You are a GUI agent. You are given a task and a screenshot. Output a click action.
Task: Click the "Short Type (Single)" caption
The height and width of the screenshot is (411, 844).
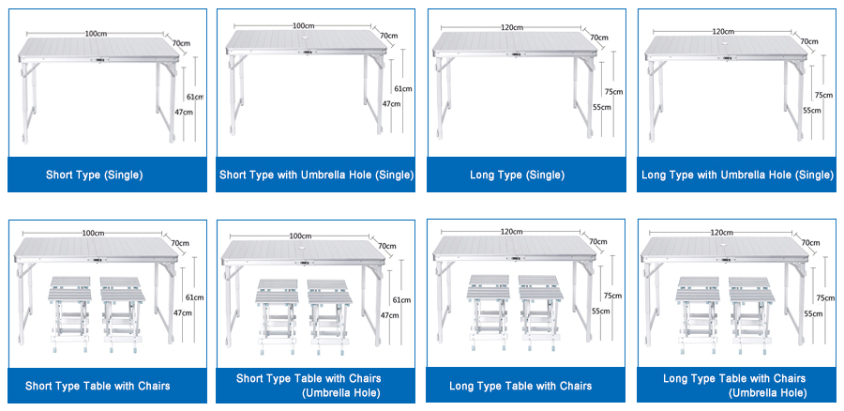pos(94,175)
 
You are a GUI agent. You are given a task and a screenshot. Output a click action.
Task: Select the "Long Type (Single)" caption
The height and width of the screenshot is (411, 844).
pos(518,175)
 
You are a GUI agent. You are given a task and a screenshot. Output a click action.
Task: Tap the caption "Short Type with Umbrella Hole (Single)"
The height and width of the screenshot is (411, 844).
pos(317,175)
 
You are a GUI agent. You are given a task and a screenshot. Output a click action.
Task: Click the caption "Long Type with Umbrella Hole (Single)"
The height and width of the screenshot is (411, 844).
pos(737,175)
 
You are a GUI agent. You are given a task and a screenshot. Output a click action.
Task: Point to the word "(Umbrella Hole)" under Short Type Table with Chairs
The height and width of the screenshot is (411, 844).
pos(341,393)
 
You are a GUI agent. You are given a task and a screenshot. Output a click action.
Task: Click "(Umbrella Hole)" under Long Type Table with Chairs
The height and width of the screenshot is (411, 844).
pos(767,393)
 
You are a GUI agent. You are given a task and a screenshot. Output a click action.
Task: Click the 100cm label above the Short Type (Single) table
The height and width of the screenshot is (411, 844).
pos(96,34)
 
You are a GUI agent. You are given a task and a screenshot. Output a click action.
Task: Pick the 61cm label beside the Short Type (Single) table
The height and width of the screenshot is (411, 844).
pos(195,97)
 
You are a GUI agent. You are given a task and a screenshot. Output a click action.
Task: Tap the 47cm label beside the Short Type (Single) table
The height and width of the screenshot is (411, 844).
pos(184,112)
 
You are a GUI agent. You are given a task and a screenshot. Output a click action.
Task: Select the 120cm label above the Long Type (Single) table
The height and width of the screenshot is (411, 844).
pos(512,27)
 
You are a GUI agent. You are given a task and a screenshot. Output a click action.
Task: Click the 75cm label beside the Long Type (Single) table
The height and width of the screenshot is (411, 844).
pos(613,92)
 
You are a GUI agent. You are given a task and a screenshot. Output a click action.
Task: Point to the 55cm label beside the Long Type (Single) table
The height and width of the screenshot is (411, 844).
pos(602,107)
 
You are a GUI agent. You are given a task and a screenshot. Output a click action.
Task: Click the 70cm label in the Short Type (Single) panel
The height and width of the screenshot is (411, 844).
pos(181,43)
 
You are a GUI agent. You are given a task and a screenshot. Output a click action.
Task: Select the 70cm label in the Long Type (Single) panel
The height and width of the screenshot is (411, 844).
pos(599,38)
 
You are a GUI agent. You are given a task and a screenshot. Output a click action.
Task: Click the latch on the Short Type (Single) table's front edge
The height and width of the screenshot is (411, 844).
pos(100,60)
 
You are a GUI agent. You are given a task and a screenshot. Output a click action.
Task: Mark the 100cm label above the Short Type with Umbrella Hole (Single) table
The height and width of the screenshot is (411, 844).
pos(304,26)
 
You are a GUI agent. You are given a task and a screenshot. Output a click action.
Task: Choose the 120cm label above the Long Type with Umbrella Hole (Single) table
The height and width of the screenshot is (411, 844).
pos(723,31)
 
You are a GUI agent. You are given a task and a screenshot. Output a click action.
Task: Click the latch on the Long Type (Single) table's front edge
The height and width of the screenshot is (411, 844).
pos(516,53)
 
